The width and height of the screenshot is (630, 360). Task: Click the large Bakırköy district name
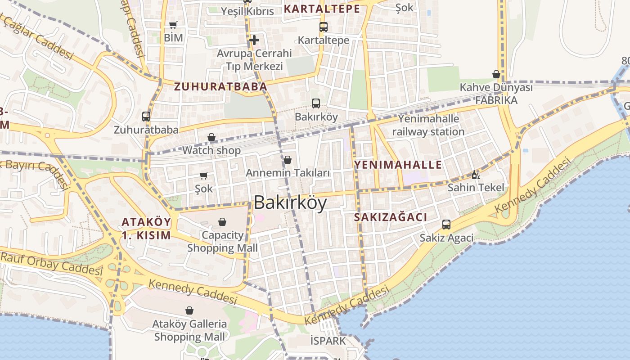pos(290,203)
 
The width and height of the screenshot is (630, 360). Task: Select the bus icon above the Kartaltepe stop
pos(323,27)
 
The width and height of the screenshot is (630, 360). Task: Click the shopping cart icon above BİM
pos(173,25)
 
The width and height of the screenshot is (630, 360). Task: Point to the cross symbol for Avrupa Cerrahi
pos(254,40)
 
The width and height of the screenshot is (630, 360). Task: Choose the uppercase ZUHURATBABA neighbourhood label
pos(220,86)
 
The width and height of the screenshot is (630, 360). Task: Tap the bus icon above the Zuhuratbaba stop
pos(146,117)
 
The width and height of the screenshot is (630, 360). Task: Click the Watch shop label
pos(211,150)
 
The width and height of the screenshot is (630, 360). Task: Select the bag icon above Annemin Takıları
pos(288,160)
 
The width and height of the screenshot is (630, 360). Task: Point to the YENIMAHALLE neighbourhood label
pos(398,165)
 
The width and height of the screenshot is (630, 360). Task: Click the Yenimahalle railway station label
pos(428,126)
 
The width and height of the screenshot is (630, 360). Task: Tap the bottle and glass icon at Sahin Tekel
pos(476,175)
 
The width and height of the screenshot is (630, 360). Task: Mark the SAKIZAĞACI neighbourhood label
pos(390,217)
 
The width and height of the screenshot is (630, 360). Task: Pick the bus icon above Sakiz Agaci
pos(446,225)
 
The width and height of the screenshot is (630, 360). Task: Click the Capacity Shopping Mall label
pos(222,242)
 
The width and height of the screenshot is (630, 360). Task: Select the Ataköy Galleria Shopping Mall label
pos(189,330)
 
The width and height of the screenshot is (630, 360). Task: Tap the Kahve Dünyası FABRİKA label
pos(496,94)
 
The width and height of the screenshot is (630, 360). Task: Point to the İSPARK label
pos(328,341)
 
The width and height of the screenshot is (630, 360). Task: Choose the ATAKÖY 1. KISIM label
pos(146,228)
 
